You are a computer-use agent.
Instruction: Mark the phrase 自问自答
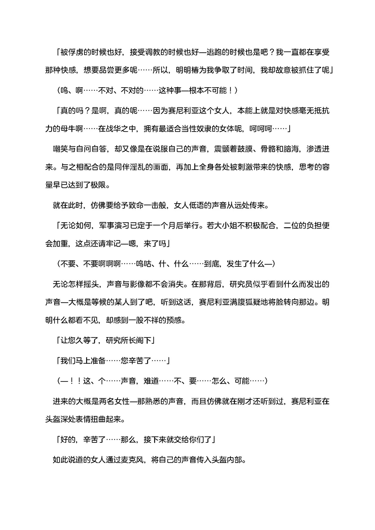pos(91,149)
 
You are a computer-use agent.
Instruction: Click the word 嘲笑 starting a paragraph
pos(60,149)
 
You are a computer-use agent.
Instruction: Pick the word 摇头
pos(91,284)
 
